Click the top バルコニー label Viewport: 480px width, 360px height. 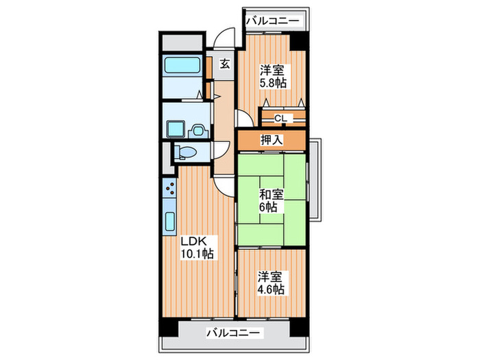(x=272, y=21)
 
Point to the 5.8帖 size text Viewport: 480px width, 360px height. (x=272, y=83)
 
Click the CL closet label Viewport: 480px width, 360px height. (x=280, y=119)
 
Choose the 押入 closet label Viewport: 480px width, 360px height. (x=272, y=140)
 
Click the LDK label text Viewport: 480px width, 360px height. (x=195, y=241)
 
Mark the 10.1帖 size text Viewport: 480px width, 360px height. (x=197, y=254)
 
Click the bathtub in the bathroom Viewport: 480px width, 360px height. (x=182, y=67)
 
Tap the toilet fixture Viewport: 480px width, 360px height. (x=183, y=152)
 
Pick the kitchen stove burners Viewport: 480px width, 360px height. (x=169, y=189)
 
